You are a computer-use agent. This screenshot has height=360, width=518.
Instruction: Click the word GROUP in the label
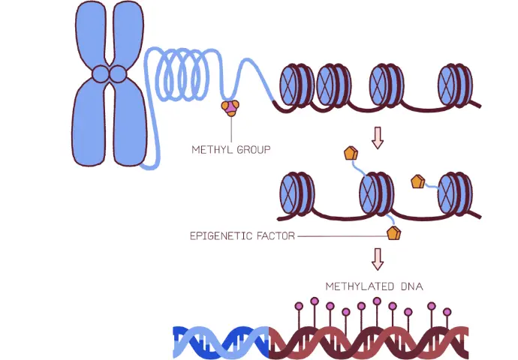click(254, 149)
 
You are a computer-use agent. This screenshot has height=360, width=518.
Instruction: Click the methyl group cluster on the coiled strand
click(230, 108)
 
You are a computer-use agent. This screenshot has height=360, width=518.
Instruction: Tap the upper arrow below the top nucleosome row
click(378, 137)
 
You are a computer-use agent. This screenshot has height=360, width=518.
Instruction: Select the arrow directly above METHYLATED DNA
click(378, 259)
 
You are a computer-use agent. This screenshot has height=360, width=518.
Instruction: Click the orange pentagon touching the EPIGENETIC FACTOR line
click(393, 233)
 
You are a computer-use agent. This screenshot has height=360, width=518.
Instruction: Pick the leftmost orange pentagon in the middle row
click(350, 154)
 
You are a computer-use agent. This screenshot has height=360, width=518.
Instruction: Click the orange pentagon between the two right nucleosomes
click(417, 181)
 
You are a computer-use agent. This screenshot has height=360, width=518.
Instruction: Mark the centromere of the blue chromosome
click(109, 74)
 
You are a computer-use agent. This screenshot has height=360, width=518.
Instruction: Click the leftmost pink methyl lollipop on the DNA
click(298, 306)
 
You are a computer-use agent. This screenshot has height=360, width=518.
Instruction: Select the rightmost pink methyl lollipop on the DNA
click(447, 311)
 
